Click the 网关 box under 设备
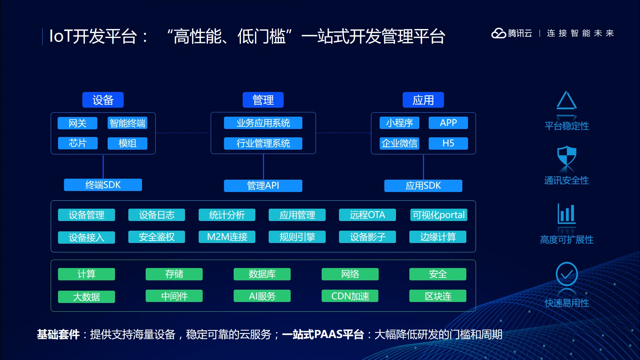click(77, 123)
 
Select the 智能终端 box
click(127, 123)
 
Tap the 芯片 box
click(78, 143)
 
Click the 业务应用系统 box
click(263, 123)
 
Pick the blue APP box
click(448, 123)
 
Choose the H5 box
click(448, 143)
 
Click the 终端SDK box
click(103, 185)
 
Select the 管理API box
click(263, 186)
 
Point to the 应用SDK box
click(423, 186)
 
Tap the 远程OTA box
click(367, 215)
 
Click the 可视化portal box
click(438, 215)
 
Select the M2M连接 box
click(227, 237)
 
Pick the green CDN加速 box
click(350, 296)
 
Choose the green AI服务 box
click(262, 296)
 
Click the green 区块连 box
click(438, 296)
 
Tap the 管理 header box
click(263, 100)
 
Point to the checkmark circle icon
click(567, 274)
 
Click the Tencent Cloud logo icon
click(499, 33)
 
